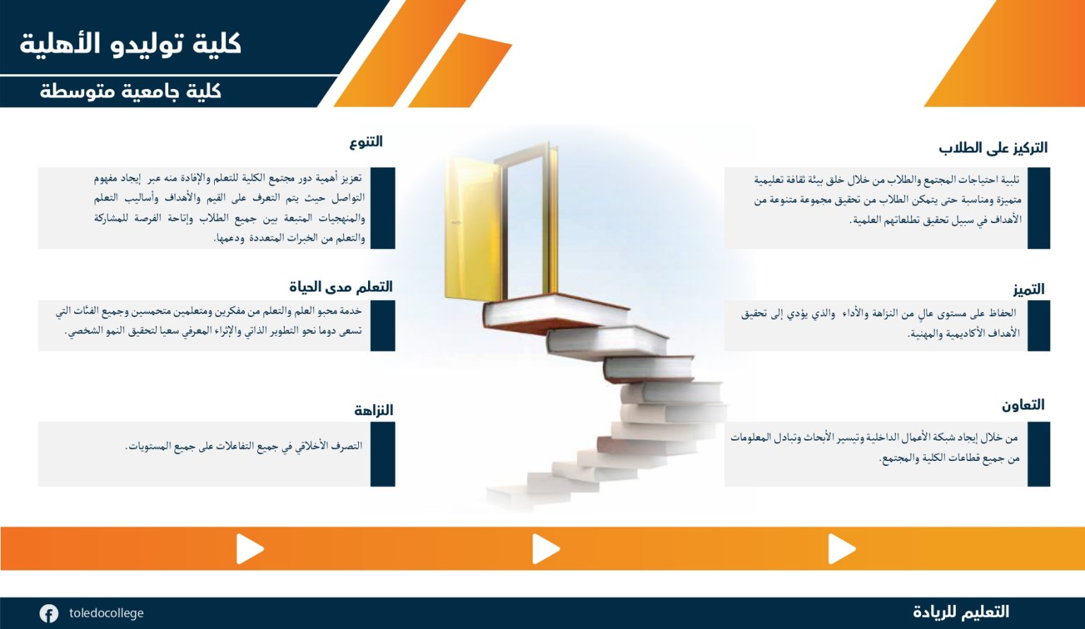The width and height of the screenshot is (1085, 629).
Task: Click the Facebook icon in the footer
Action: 49,613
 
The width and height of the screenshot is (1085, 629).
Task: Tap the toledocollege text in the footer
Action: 106,613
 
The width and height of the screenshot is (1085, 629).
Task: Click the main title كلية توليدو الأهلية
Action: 130,44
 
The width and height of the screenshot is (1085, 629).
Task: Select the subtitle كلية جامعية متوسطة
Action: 130,91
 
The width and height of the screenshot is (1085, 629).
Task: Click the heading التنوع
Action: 366,142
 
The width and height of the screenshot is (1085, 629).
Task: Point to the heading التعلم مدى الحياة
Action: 341,287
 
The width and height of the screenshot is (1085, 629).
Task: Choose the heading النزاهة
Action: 374,410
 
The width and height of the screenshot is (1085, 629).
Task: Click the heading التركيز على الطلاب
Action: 993,148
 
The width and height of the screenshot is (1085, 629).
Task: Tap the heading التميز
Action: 1028,289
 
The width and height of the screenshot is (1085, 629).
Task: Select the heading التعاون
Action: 1023,405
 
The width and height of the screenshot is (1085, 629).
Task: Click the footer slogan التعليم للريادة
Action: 961,612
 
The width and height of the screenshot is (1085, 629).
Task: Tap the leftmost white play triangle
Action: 249,549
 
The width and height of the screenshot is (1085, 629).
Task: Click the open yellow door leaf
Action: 473,227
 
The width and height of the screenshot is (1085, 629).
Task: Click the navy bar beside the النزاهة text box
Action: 383,454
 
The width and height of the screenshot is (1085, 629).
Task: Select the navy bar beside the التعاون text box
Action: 1038,454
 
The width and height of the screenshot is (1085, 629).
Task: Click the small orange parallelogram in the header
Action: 460,70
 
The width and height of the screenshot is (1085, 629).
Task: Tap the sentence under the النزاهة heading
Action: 244,445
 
